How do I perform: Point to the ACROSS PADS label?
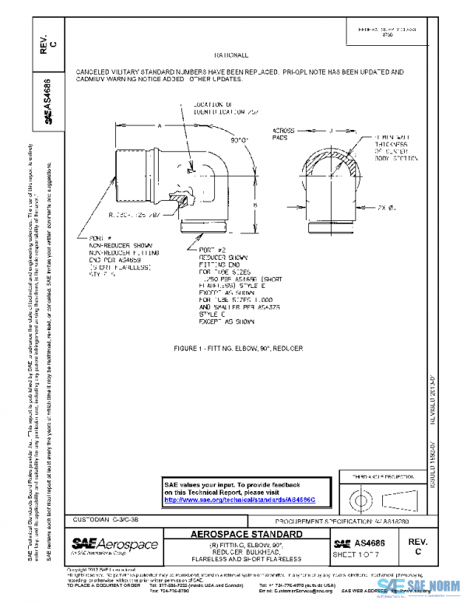[x=283, y=132]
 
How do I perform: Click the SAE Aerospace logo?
[x=114, y=545]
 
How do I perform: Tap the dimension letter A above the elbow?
[x=159, y=125]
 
